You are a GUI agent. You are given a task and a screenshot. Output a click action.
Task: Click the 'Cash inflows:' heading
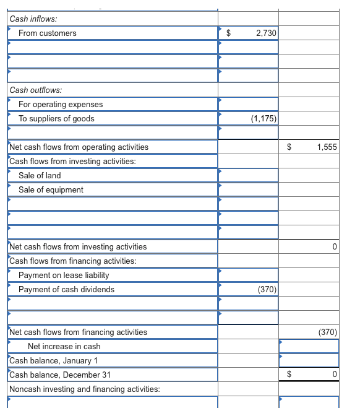32,19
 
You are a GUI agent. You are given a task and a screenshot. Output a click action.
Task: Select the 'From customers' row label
48,33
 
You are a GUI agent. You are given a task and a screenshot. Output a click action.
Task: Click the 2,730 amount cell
266,33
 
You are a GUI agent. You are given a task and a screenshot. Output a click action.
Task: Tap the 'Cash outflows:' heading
35,90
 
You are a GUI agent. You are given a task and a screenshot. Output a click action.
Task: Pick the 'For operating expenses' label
61,104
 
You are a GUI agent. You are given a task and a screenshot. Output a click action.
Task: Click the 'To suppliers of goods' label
56,118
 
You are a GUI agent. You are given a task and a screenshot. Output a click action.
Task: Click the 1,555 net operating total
326,147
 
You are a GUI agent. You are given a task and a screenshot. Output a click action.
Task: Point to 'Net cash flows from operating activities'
79,147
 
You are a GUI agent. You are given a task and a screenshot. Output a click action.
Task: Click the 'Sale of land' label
40,175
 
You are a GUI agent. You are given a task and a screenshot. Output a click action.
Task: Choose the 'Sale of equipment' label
51,189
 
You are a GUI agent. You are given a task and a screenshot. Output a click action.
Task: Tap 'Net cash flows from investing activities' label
79,246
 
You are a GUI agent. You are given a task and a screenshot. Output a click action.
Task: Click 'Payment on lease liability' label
64,275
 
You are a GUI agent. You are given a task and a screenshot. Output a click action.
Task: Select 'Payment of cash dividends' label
66,289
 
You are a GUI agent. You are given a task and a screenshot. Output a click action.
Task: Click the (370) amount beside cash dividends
267,289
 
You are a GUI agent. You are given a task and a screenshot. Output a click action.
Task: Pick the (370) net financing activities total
327,332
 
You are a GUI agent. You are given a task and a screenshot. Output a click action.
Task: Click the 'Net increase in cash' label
64,346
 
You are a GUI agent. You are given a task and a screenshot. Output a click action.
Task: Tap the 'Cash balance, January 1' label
53,360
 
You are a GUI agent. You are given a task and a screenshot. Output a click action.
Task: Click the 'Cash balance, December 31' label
58,375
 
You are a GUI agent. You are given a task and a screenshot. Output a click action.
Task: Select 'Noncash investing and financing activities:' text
85,389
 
